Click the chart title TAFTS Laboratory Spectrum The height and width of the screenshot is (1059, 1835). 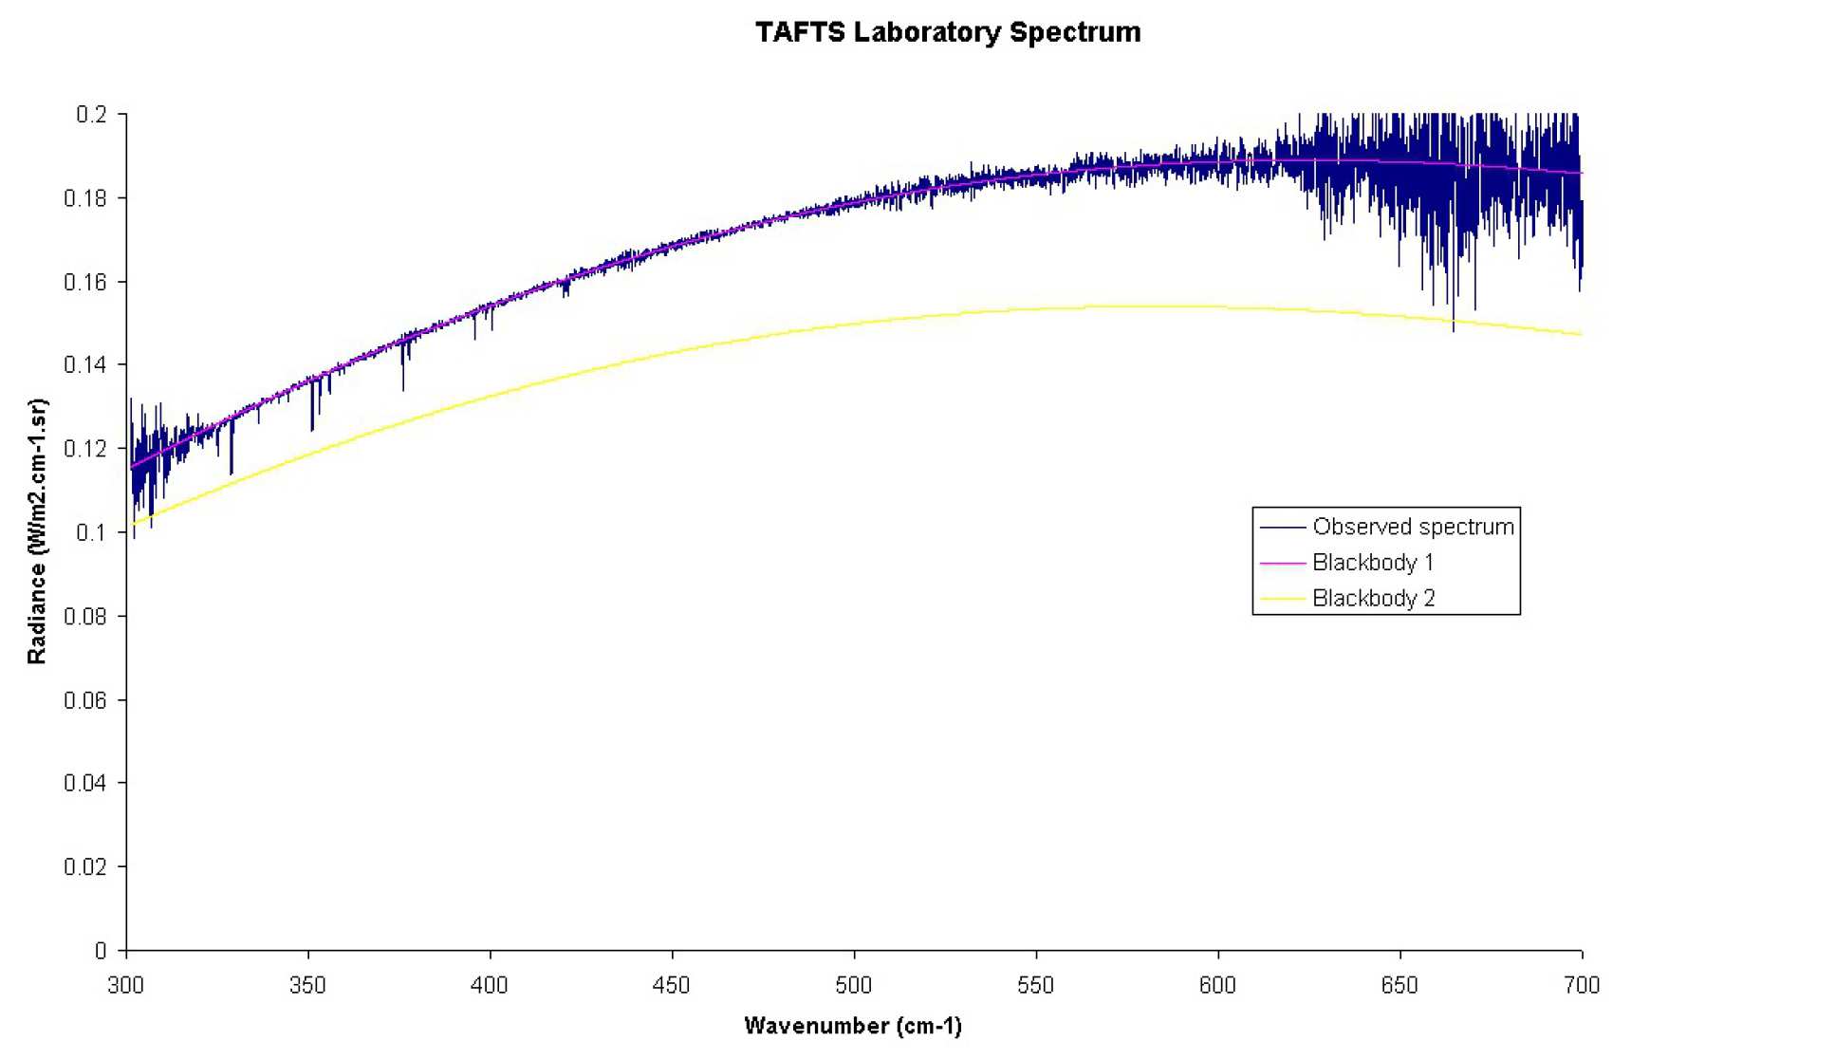[947, 32]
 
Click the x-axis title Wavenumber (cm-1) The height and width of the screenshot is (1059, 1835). [852, 1026]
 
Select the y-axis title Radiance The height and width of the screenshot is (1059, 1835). [37, 530]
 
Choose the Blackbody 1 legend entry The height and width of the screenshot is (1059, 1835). [1372, 563]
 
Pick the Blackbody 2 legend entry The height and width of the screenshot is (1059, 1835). [1373, 599]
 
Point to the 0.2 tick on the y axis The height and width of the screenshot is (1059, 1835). [91, 115]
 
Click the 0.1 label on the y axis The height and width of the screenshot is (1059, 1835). [91, 532]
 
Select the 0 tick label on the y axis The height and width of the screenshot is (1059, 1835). [100, 951]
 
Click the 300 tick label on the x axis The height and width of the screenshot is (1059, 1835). [126, 986]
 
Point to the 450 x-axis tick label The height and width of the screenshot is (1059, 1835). [672, 986]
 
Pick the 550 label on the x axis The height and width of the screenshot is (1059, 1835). [1035, 986]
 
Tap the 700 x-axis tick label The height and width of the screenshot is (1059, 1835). [1581, 986]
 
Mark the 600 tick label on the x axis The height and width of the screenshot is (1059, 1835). [1217, 986]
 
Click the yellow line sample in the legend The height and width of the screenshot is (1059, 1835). [1282, 599]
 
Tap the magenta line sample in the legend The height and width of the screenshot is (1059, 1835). [1282, 563]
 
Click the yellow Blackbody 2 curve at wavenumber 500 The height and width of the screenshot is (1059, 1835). [854, 325]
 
